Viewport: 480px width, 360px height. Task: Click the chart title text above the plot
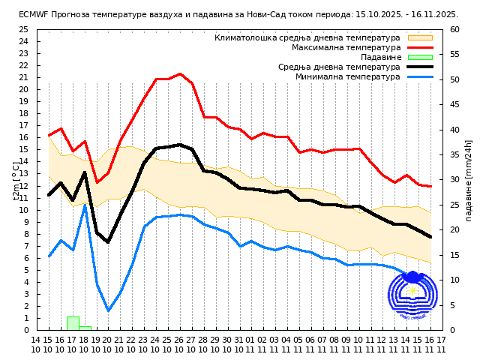[238, 14]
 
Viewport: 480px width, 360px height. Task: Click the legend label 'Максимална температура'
[346, 47]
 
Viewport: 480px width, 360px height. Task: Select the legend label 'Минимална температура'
[348, 76]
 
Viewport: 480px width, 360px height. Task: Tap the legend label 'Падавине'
[381, 57]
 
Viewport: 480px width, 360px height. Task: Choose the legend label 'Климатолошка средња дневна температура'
[307, 37]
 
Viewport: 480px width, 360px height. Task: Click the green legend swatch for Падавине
[420, 57]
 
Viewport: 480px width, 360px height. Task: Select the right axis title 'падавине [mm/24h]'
[469, 180]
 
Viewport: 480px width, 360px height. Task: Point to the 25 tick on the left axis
[23, 29]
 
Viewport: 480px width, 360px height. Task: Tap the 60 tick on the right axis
[455, 29]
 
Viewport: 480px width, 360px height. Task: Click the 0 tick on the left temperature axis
[25, 330]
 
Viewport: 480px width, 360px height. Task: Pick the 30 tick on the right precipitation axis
[455, 180]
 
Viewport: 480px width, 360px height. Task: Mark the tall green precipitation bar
[73, 323]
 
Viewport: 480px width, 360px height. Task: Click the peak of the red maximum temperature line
[180, 73]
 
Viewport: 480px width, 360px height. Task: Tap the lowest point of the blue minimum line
[109, 310]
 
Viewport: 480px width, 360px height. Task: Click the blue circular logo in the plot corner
[412, 298]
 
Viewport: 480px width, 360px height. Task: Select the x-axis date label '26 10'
[180, 344]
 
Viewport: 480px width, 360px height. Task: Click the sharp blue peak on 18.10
[85, 205]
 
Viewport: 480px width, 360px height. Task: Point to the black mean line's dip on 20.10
[108, 242]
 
